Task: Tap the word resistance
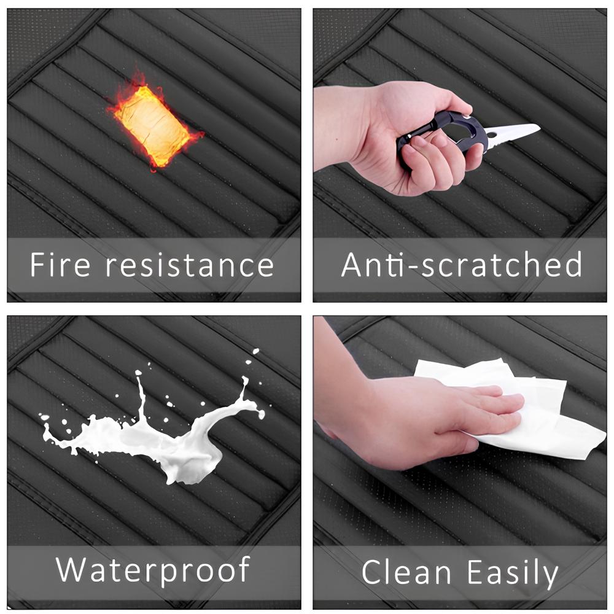(190, 265)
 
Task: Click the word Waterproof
(153, 570)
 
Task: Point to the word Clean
(406, 572)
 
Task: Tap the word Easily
(513, 574)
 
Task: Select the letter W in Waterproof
(72, 570)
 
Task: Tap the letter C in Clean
(372, 572)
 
